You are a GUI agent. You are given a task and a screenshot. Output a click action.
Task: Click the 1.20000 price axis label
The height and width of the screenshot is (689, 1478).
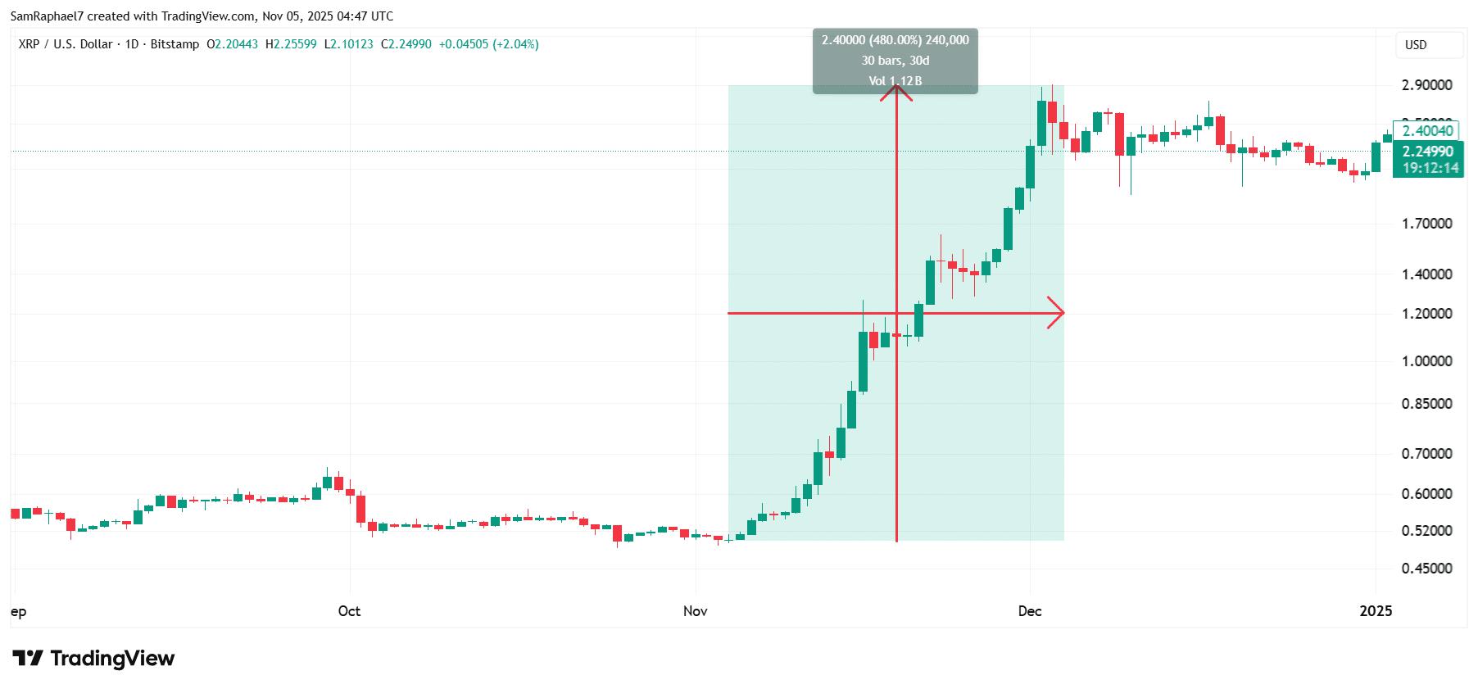coord(1426,314)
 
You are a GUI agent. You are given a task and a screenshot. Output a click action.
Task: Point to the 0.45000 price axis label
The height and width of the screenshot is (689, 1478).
coord(1426,569)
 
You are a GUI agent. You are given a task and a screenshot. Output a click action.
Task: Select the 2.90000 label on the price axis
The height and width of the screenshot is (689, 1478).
coord(1426,85)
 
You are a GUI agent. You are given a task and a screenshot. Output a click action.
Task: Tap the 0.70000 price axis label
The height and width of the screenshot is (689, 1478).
coord(1426,454)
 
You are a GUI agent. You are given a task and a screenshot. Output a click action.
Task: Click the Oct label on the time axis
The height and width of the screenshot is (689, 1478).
coord(349,611)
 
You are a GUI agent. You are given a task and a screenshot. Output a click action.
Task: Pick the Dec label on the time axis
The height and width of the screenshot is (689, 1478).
coord(1030,611)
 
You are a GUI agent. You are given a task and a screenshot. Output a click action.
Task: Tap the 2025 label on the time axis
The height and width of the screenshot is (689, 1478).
coord(1376,611)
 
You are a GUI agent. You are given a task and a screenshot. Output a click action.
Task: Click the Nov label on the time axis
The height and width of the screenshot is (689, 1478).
coord(695,611)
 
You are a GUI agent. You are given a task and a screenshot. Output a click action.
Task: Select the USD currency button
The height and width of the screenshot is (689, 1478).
coord(1416,45)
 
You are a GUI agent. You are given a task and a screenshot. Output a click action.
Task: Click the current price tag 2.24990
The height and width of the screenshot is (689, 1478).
coord(1428,152)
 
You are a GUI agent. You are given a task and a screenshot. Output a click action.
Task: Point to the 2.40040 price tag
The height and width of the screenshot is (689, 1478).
coord(1426,131)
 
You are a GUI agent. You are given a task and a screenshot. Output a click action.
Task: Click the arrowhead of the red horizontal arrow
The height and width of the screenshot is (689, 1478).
coord(1058,312)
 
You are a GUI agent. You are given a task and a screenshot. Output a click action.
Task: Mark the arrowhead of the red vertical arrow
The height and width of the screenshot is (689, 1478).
coord(896,89)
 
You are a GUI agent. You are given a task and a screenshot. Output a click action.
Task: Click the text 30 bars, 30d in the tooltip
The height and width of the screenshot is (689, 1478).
coord(895,61)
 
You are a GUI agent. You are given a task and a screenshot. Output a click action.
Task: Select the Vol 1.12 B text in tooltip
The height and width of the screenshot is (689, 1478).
coord(895,81)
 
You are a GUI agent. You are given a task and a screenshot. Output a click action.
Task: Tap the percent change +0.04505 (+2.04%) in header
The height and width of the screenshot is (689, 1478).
coord(488,44)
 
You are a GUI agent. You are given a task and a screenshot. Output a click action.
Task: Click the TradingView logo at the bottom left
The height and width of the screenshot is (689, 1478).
coord(93,659)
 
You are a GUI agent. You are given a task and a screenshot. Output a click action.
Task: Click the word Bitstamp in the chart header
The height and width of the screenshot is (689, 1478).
coord(175,44)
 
